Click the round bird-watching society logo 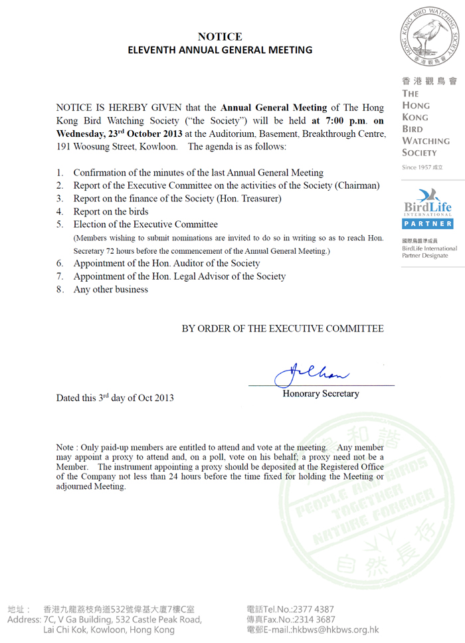click(429, 37)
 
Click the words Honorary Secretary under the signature click(321, 394)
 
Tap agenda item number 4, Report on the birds click(110, 212)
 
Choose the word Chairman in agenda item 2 click(359, 185)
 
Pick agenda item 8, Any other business click(110, 290)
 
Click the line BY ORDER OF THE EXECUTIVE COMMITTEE click(282, 329)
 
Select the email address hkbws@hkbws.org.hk click(339, 630)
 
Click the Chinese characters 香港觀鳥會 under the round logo click(429, 81)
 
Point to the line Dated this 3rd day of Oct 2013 click(115, 398)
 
